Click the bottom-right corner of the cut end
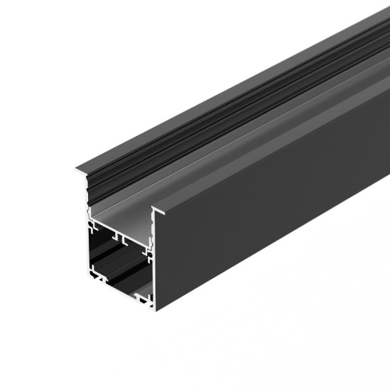155,307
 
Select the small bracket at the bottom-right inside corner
143,297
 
